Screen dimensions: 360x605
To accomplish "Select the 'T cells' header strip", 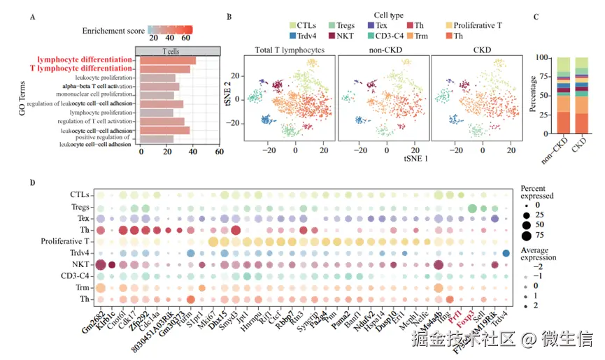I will (180, 52).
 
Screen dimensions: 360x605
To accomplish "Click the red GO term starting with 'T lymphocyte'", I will (80, 69).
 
